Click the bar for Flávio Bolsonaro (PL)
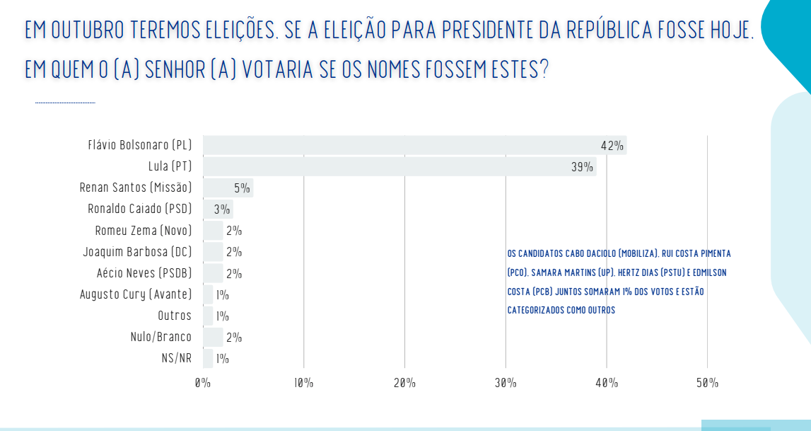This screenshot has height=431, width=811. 415,145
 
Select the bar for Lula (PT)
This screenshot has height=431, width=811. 399,166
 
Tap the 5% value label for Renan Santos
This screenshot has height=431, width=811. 242,188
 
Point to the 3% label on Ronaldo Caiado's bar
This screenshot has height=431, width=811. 222,209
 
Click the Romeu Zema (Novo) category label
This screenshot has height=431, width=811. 144,230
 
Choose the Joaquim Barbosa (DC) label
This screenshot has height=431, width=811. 138,252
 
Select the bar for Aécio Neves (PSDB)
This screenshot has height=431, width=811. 213,273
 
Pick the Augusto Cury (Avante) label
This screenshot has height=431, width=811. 136,294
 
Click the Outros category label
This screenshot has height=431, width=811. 175,316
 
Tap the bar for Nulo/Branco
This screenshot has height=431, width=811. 213,337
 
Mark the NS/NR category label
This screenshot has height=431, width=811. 176,358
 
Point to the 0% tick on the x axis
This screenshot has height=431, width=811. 203,383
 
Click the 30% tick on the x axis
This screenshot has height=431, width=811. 506,383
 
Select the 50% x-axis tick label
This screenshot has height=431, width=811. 708,383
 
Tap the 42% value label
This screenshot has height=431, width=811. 612,146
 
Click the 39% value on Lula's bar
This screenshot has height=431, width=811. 583,166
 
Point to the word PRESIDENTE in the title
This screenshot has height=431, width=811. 489,30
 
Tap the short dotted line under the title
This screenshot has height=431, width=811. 65,103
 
